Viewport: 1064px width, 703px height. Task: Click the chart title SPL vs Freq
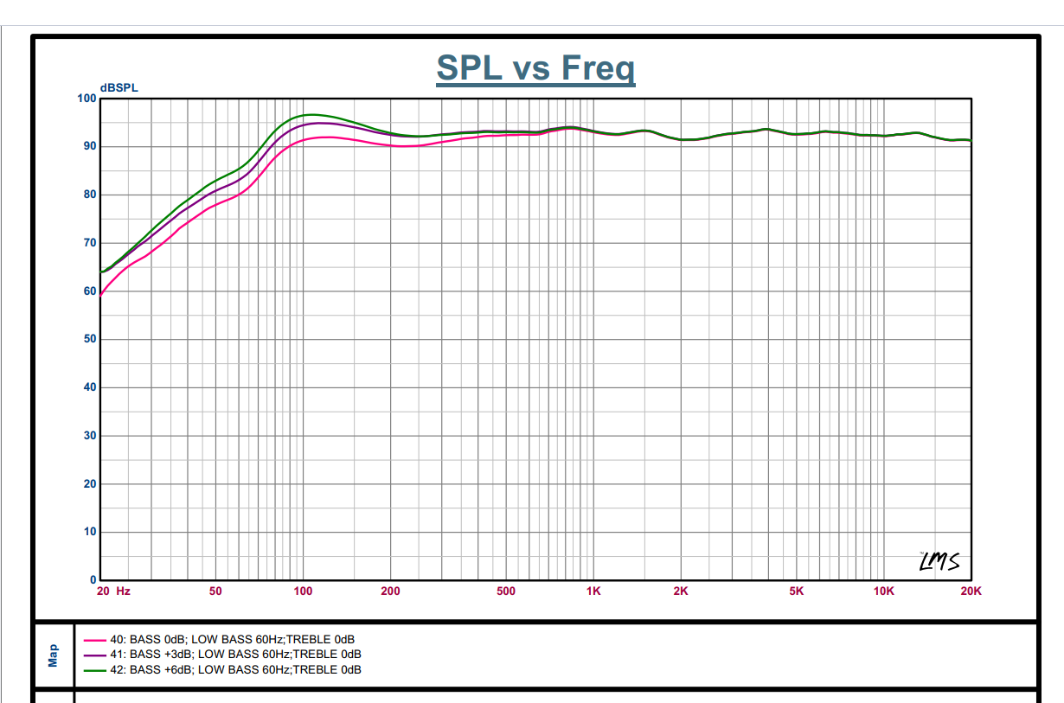coord(535,67)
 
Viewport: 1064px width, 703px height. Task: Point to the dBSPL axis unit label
coord(119,87)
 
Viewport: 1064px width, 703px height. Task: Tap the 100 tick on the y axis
coord(87,99)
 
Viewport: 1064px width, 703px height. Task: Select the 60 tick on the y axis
coord(90,291)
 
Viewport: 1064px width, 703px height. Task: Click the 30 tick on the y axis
coord(90,436)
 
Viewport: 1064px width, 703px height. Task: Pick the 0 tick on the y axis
coord(93,580)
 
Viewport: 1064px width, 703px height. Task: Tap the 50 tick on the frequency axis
coord(215,591)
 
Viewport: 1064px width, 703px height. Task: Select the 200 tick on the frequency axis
coord(390,591)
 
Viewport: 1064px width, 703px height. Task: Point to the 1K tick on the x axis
coord(593,591)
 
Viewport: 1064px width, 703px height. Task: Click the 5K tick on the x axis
coord(797,591)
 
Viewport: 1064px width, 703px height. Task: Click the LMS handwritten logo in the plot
coord(939,561)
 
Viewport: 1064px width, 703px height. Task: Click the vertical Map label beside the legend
coord(54,655)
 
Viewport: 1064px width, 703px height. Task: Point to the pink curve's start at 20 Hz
coord(102,295)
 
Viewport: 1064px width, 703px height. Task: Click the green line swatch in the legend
coord(95,669)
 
